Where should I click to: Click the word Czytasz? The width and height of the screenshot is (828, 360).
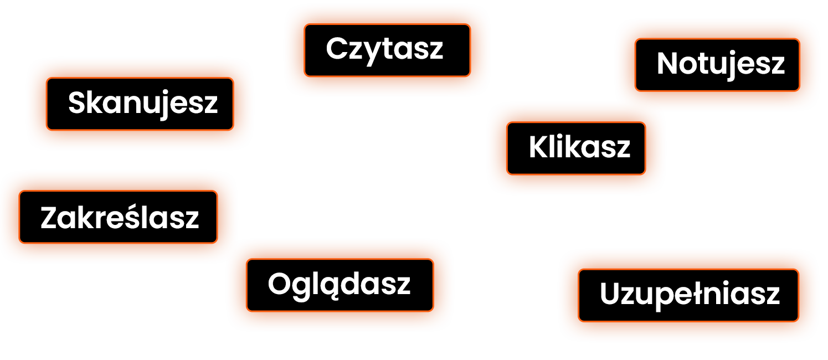coord(384,49)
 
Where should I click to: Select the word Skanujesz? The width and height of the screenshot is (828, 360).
coord(143,103)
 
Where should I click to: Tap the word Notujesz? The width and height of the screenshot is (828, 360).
coord(721,64)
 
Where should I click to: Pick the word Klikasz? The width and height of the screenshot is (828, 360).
coord(579,147)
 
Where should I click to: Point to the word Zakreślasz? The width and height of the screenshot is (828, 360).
coord(120,218)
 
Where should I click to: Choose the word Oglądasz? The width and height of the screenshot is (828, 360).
coord(339,284)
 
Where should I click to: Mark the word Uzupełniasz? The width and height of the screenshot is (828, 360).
coord(690,294)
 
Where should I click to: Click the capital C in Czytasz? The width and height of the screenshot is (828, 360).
coord(336,49)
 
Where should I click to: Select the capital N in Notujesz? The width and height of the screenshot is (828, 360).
coord(667,64)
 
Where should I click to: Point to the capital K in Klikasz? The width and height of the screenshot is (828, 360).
coord(538,147)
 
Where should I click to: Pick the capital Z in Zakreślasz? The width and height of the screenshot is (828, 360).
coord(49,218)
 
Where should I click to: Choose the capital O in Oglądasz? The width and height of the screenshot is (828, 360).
coord(279,284)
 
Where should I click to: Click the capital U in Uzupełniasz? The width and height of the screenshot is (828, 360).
coord(610,294)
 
